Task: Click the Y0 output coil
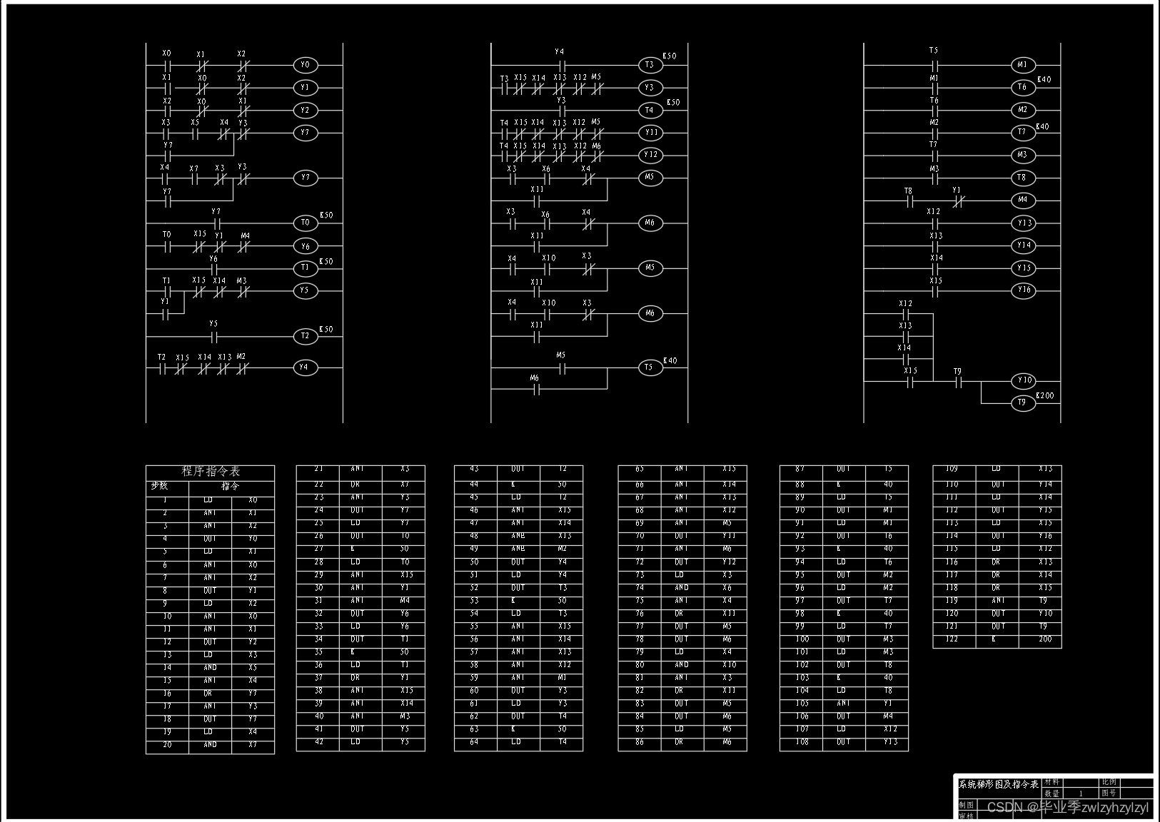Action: pos(305,65)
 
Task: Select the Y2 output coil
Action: pos(305,111)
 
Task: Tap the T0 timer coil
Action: pos(305,223)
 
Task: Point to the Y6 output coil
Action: pos(305,245)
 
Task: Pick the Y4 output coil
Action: pos(305,367)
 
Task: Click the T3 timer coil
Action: pos(649,65)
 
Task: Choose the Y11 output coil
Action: pos(650,133)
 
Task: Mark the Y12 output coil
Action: pos(650,155)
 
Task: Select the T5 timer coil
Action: pos(648,367)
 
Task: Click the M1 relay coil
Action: pos(1022,65)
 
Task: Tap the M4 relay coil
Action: pos(1022,200)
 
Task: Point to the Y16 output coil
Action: pos(1024,290)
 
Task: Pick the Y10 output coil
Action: pos(1024,381)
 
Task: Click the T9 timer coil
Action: pos(1022,403)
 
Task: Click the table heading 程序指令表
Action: pos(211,472)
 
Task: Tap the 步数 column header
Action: pos(159,486)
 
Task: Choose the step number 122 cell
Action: pos(952,639)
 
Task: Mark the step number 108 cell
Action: pos(802,742)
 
